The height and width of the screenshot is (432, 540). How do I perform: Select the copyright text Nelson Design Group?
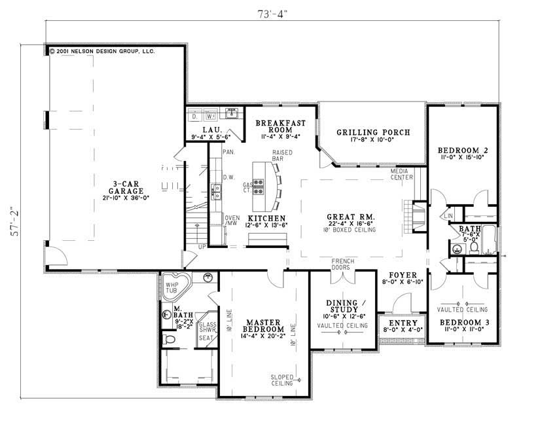(105, 50)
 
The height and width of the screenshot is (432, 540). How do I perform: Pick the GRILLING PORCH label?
(373, 132)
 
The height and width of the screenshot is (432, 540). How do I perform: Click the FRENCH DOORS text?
(342, 264)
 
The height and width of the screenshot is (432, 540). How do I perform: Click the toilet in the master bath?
(168, 339)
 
